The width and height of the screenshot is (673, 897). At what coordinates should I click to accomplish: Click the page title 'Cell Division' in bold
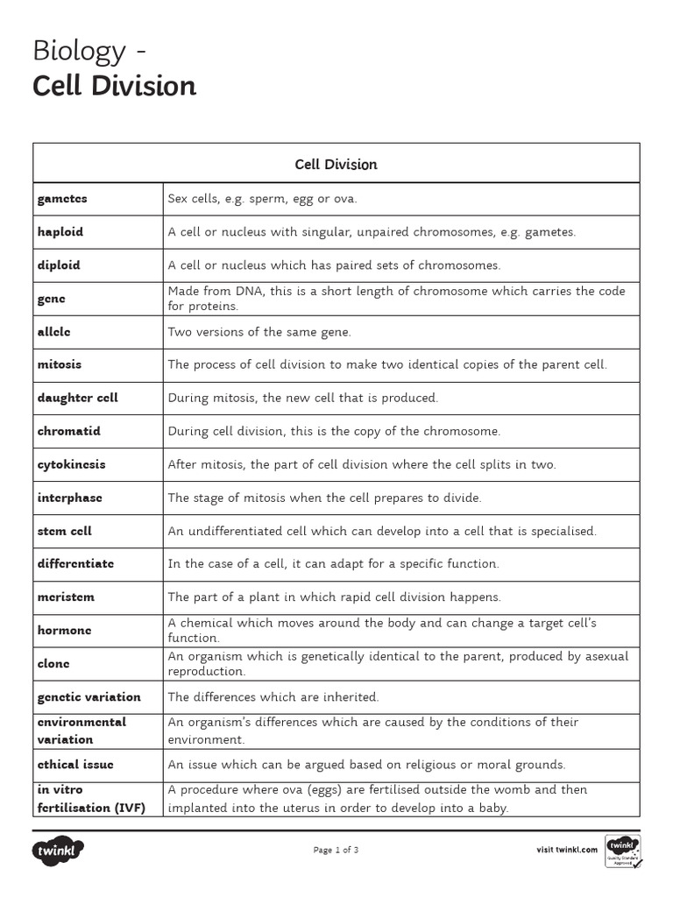click(114, 86)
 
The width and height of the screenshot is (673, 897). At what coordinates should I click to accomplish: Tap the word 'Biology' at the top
click(79, 51)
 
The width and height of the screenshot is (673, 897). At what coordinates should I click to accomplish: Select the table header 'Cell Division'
click(336, 164)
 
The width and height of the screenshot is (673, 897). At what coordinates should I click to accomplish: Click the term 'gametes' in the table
click(62, 199)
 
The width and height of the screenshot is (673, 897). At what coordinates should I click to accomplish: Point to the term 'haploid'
click(60, 232)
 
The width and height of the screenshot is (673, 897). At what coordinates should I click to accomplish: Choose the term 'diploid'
click(59, 265)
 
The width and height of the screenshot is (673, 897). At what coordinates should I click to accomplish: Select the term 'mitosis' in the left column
click(60, 364)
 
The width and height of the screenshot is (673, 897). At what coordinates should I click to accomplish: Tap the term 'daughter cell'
click(78, 398)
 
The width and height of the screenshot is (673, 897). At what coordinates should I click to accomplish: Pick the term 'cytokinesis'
click(71, 464)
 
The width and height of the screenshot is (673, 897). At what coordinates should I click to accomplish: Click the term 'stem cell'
click(65, 531)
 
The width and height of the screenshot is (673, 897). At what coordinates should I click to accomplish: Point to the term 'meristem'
click(66, 597)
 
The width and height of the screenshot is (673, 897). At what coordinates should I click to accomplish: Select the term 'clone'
click(53, 663)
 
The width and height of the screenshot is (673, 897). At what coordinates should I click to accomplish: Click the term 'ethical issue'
click(75, 765)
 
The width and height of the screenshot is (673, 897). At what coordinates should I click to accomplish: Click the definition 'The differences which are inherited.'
click(273, 697)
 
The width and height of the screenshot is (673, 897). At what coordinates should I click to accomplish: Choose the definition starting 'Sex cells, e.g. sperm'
click(263, 199)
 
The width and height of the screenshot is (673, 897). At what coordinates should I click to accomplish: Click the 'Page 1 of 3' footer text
click(336, 850)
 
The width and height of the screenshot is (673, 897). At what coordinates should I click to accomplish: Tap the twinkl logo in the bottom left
click(59, 850)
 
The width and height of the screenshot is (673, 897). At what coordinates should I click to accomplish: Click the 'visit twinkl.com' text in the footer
click(567, 850)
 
